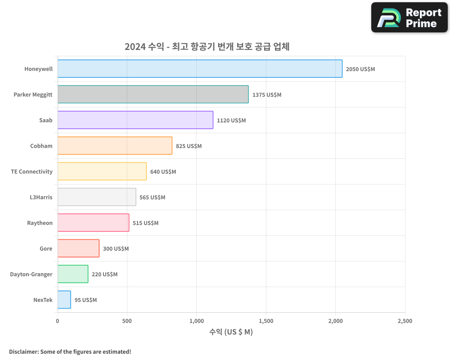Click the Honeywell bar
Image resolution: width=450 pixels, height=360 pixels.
pos(200,69)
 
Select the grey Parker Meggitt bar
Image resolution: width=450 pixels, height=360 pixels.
pos(153,94)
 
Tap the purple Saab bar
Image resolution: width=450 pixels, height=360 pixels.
pos(135,120)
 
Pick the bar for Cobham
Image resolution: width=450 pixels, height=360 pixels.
pos(115,146)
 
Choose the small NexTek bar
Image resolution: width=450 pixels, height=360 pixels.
pos(64,300)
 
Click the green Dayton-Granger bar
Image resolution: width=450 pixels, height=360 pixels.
pos(73,274)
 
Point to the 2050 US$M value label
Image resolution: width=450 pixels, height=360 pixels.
pos(360,69)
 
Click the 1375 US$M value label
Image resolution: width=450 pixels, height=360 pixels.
pos(266,95)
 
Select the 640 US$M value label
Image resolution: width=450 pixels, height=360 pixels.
pos(163,172)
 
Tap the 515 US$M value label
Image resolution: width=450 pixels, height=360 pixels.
pos(145,223)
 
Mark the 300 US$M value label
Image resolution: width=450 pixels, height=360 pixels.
pos(116,249)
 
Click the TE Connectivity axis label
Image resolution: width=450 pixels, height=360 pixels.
pos(31,171)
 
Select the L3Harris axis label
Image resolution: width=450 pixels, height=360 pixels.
pos(40,197)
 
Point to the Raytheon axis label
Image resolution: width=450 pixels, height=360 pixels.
pos(40,223)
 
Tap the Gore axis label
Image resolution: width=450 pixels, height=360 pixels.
pos(46,248)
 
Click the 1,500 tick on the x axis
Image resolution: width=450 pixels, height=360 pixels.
pos(266,321)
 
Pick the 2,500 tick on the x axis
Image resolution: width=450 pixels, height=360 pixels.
pos(405,321)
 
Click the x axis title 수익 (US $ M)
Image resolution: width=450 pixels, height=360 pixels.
pos(231,332)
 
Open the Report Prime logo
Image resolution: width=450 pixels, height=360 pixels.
pos(409,18)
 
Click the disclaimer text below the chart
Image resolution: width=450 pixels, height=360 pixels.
pos(70,351)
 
